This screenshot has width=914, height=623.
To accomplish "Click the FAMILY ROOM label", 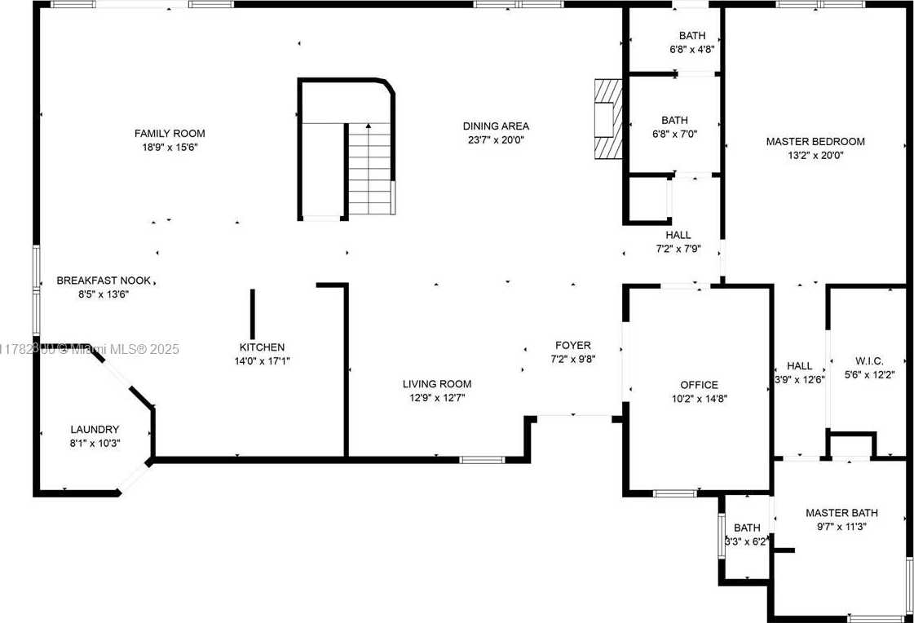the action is point(170,134).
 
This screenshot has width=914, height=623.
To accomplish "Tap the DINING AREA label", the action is point(496,126).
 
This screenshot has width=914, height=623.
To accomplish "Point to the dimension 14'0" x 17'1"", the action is point(263,361).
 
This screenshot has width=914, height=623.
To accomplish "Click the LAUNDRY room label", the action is point(95,430).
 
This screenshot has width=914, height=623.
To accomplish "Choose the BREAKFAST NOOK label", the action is point(104,281).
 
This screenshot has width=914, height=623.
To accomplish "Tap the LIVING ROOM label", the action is point(437,384).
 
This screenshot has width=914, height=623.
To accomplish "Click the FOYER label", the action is point(573,346).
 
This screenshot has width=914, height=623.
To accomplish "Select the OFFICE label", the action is point(700,385).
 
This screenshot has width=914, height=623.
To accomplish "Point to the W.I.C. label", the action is point(869,361).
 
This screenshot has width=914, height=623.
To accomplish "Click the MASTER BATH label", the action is point(841,513).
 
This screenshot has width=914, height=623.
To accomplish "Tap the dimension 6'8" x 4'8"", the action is point(692,50).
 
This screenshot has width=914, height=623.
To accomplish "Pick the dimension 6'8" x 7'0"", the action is point(674,134).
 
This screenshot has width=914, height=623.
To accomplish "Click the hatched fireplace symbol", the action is point(608,119).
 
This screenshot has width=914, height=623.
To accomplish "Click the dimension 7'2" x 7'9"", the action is point(678,249).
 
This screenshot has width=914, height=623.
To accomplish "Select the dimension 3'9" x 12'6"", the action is point(799,379).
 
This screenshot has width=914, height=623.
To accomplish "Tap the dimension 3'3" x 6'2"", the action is point(747,541).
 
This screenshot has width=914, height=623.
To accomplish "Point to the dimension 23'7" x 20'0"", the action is point(496,140).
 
